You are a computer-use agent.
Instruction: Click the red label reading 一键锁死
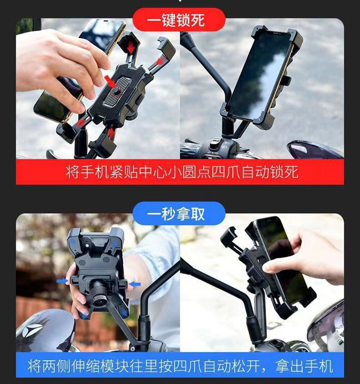pyautogui.click(x=179, y=20)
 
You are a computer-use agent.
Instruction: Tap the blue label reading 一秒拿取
pyautogui.click(x=179, y=213)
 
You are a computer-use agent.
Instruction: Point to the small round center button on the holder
pyautogui.click(x=116, y=91)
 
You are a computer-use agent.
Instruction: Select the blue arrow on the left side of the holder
pyautogui.click(x=62, y=281)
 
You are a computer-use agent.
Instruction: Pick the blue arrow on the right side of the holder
pyautogui.click(x=135, y=285)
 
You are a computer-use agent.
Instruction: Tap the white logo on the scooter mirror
pyautogui.click(x=32, y=330)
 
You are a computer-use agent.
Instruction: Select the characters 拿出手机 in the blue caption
pyautogui.click(x=304, y=366)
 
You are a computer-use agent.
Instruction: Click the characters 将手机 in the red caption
pyautogui.click(x=87, y=172)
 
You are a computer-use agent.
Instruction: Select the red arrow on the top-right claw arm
pyautogui.click(x=160, y=61)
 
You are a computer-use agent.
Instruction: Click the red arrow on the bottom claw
pyautogui.click(x=111, y=133)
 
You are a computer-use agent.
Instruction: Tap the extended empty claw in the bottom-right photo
pyautogui.click(x=229, y=238)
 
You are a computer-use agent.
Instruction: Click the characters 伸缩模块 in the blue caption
pyautogui.click(x=99, y=366)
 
